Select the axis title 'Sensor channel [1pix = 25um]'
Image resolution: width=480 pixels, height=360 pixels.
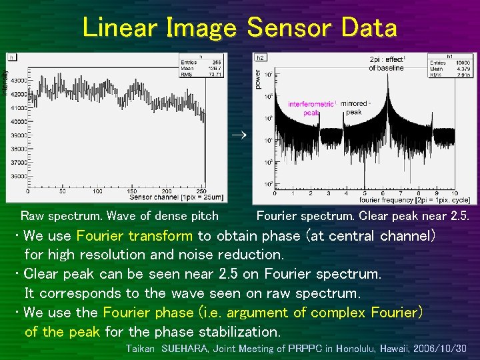[176, 198]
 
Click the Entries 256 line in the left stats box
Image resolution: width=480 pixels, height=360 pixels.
[201, 61]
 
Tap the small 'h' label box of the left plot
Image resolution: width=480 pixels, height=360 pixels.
[11, 57]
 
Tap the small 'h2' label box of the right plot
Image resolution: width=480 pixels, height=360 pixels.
[261, 58]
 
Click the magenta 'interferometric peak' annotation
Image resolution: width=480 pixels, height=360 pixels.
[311, 109]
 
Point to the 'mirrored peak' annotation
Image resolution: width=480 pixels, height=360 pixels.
[357, 108]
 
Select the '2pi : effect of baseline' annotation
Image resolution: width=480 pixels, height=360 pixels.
[387, 63]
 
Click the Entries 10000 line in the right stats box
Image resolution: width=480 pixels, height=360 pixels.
[451, 62]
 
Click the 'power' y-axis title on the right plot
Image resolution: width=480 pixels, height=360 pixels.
[258, 80]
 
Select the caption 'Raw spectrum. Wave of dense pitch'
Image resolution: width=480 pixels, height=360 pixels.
[119, 216]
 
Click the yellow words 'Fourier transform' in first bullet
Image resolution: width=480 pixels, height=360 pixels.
[135, 236]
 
